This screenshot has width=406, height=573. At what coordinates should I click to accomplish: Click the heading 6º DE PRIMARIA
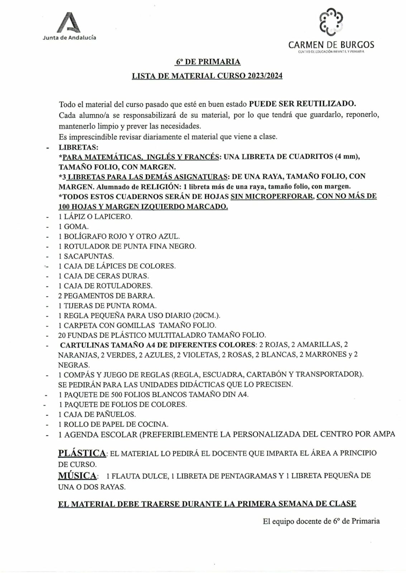tap(208, 62)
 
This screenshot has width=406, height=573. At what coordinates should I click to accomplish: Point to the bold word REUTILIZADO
tap(333, 104)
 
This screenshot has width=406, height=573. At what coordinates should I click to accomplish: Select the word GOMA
tap(76, 227)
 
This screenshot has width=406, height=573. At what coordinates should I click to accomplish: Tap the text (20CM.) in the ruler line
tap(206, 316)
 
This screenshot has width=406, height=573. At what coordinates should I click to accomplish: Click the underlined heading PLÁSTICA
tap(82, 453)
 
